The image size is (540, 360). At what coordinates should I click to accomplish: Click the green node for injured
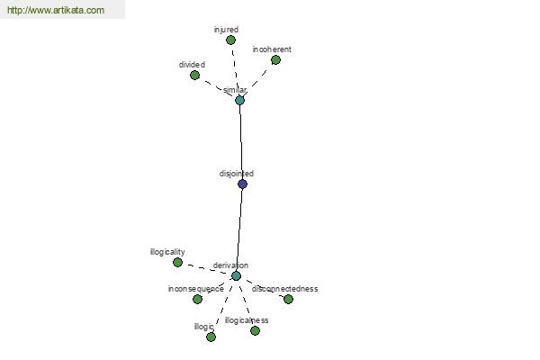[230, 40]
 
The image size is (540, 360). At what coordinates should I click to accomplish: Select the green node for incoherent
[275, 60]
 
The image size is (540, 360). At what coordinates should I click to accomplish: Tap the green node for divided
[195, 75]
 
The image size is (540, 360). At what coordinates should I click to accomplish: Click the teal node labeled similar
[239, 101]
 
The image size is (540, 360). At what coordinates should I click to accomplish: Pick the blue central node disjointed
[242, 184]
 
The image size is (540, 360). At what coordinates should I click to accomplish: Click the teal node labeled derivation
[236, 276]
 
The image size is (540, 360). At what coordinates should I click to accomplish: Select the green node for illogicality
[177, 263]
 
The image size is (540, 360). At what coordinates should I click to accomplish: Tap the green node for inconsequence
[197, 299]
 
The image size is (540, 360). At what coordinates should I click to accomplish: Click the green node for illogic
[211, 337]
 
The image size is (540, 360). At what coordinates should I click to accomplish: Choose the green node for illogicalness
[256, 330]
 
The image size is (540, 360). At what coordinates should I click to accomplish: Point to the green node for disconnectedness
[288, 299]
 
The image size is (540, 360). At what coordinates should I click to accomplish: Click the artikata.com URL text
[56, 10]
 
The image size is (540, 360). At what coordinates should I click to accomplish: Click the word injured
[226, 30]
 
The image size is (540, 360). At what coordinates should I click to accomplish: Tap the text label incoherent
[272, 49]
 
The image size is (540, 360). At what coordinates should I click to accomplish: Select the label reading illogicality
[167, 252]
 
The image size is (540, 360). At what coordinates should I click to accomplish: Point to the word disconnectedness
[284, 289]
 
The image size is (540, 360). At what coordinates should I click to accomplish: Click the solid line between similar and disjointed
[241, 142]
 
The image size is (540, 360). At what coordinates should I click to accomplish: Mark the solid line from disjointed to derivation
[239, 229]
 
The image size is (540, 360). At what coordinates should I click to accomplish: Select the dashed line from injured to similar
[235, 70]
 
